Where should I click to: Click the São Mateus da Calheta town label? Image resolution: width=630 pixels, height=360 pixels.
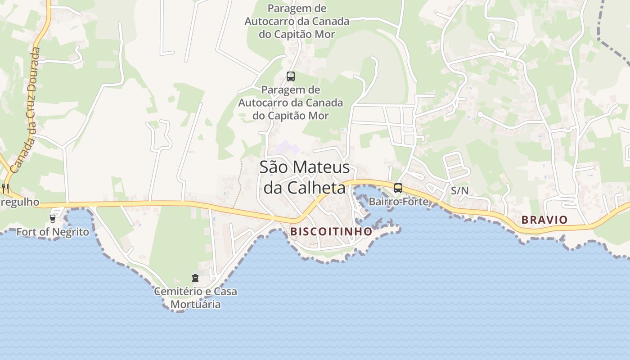(305, 177)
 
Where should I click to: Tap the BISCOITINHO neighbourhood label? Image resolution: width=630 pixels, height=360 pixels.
(331, 231)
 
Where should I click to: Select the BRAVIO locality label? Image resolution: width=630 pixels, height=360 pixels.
(544, 220)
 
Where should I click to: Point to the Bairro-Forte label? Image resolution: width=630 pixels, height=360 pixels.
(399, 202)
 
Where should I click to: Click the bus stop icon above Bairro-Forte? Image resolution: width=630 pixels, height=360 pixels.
(398, 188)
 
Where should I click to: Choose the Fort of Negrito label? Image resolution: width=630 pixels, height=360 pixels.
(53, 232)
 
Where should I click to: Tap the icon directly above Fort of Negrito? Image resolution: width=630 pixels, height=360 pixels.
(53, 219)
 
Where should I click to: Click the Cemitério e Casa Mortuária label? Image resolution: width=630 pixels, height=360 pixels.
(195, 298)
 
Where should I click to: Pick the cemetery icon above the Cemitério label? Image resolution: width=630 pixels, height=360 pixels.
(195, 279)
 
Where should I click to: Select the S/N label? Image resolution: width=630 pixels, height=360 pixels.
(459, 191)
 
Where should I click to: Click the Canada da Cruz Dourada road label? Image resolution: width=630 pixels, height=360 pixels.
(27, 110)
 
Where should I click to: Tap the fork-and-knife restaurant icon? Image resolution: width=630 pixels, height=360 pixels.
(5, 188)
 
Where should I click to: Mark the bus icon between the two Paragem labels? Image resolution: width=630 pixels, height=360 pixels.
(291, 76)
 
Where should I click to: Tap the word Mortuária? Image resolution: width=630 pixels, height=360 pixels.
(195, 304)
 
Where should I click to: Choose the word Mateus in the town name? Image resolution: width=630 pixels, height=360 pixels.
(321, 167)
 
